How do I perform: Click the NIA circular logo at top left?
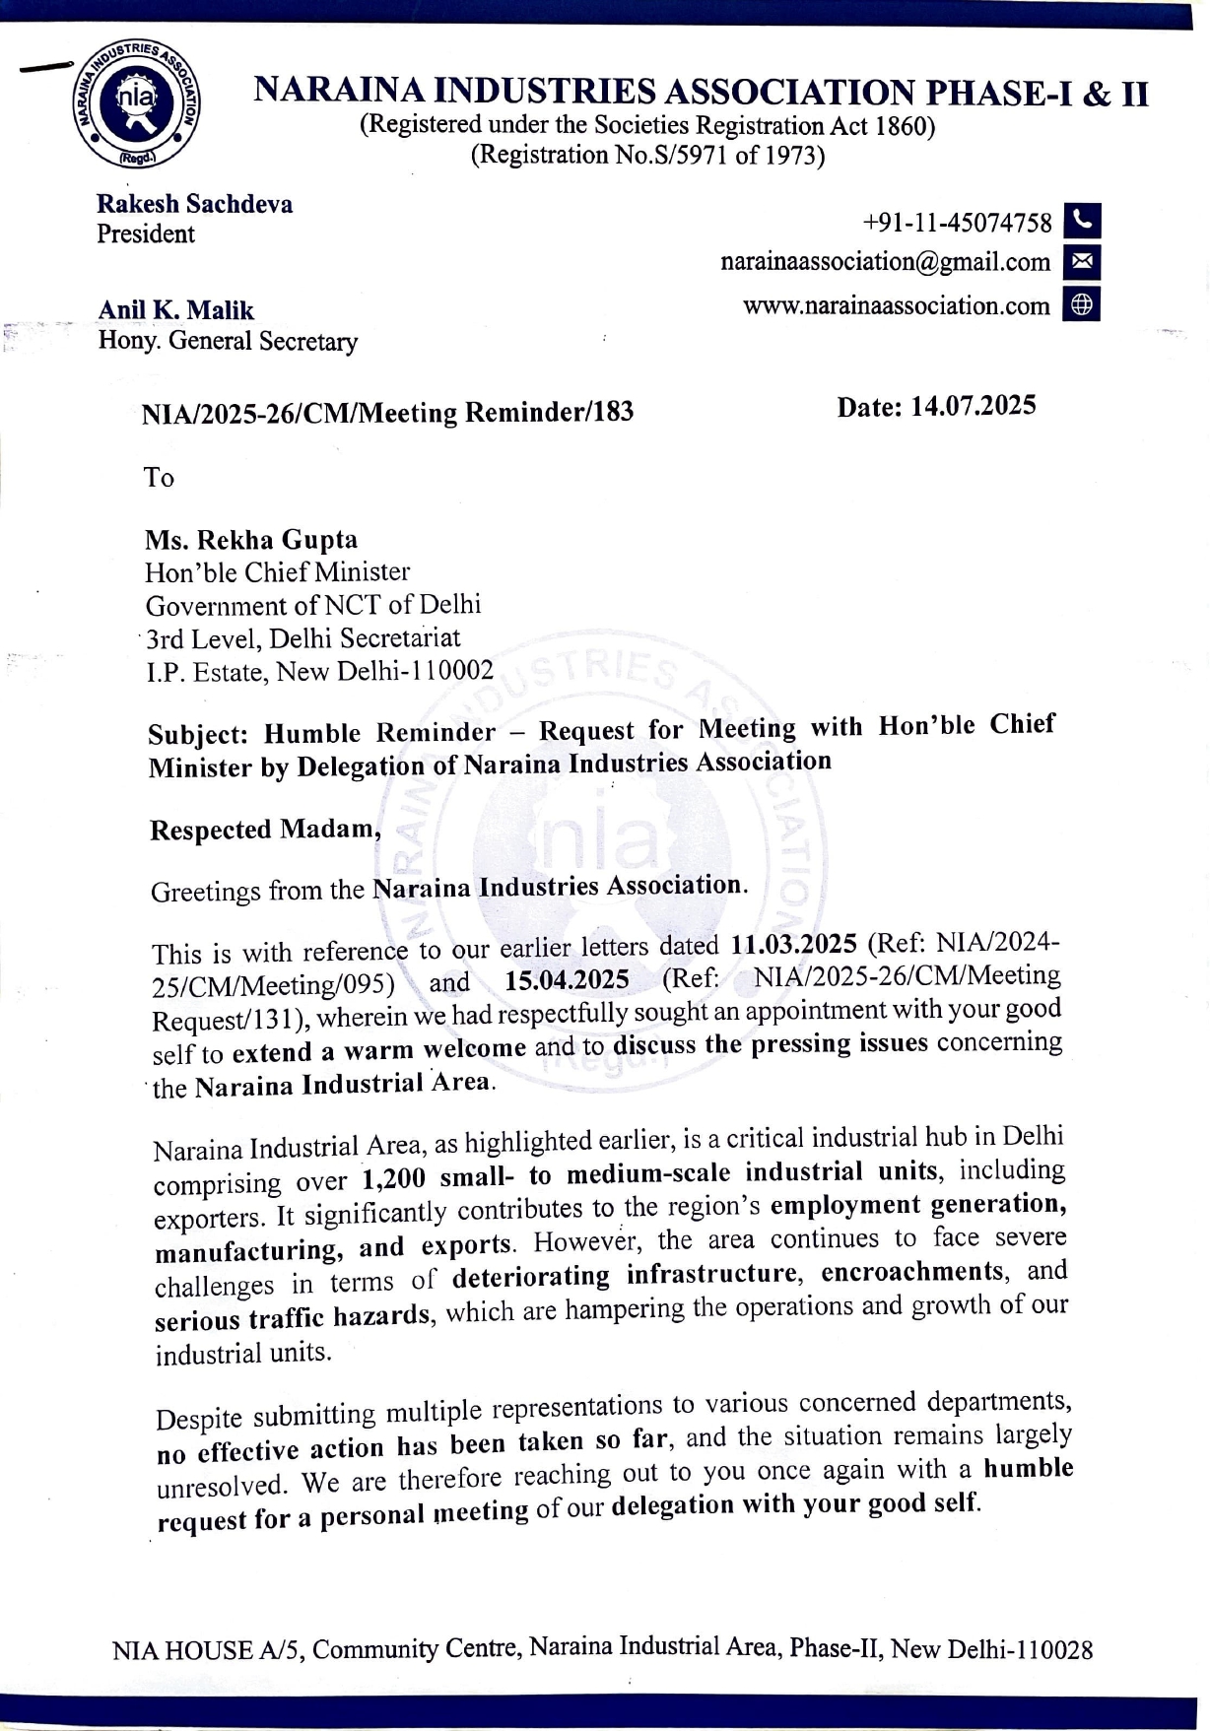point(136,103)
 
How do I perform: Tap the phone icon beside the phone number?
point(1082,221)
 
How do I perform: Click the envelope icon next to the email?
point(1082,262)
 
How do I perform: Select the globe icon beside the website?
point(1082,304)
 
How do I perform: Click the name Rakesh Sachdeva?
point(194,204)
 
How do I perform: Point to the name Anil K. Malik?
point(175,310)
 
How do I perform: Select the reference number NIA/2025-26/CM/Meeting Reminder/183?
point(387,413)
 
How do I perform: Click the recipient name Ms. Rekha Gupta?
point(251,540)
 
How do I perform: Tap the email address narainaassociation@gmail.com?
point(885,262)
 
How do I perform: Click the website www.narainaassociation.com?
point(896,305)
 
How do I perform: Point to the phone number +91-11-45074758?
point(957,223)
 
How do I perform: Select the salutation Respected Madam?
point(264,830)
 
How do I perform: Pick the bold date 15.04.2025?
point(567,979)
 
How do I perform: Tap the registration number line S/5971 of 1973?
point(647,155)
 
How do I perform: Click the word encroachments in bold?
point(911,1272)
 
